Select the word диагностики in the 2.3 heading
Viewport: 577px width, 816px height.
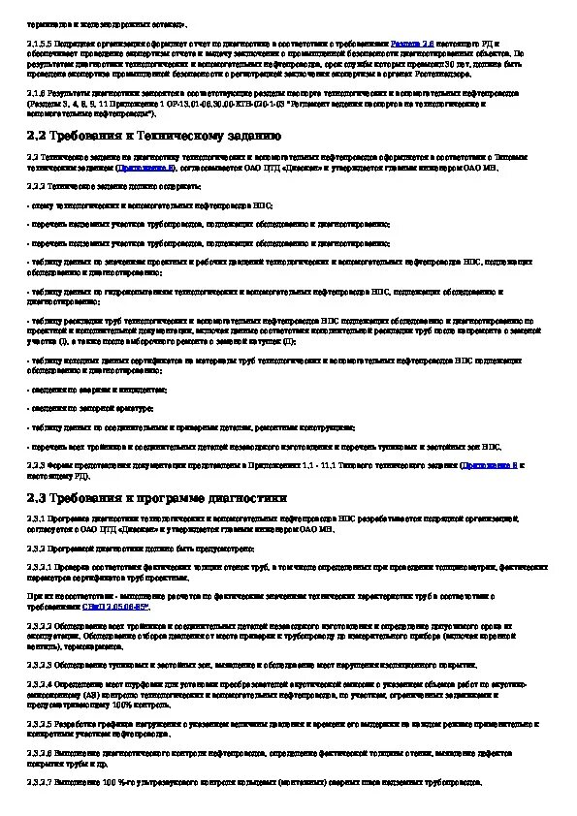click(x=246, y=498)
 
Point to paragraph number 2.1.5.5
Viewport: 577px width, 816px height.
click(x=40, y=46)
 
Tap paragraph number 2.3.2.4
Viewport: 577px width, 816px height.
click(x=40, y=684)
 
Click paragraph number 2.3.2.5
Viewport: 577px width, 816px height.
click(x=40, y=724)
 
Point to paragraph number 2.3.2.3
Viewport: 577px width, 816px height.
click(x=40, y=665)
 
